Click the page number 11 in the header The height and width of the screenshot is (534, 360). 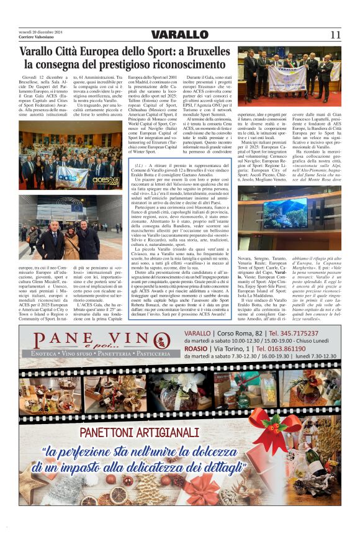pyautogui.click(x=335, y=35)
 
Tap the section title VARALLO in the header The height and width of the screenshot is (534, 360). pyautogui.click(x=179, y=35)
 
